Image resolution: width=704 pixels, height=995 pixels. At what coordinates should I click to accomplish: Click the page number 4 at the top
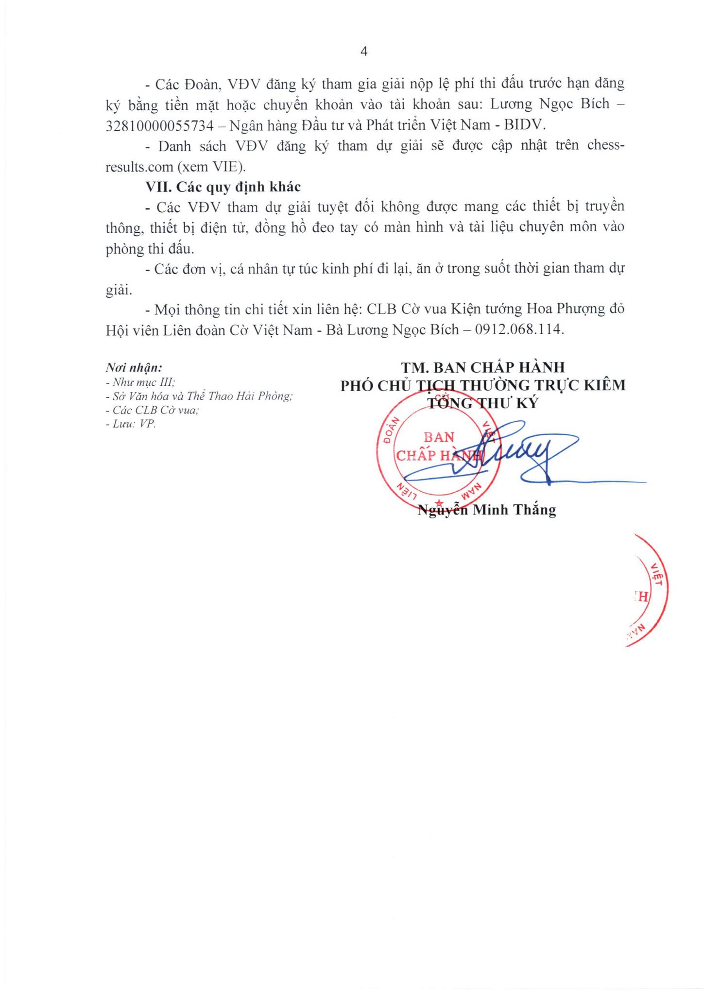[364, 52]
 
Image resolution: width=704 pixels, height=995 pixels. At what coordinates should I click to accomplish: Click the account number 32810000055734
[159, 125]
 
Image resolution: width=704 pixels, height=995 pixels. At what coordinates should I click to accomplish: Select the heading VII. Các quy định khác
[223, 187]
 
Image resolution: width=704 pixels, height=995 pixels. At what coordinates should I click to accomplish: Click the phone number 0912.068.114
[519, 330]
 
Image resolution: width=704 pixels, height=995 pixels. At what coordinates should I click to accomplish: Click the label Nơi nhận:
[134, 368]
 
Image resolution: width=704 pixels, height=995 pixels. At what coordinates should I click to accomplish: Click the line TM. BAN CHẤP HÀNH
[482, 367]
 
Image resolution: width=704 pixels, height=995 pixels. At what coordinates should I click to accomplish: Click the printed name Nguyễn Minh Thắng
[487, 510]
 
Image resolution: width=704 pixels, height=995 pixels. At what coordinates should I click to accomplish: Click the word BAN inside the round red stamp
[439, 437]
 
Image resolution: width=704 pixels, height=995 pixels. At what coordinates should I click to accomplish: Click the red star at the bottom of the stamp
[439, 502]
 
